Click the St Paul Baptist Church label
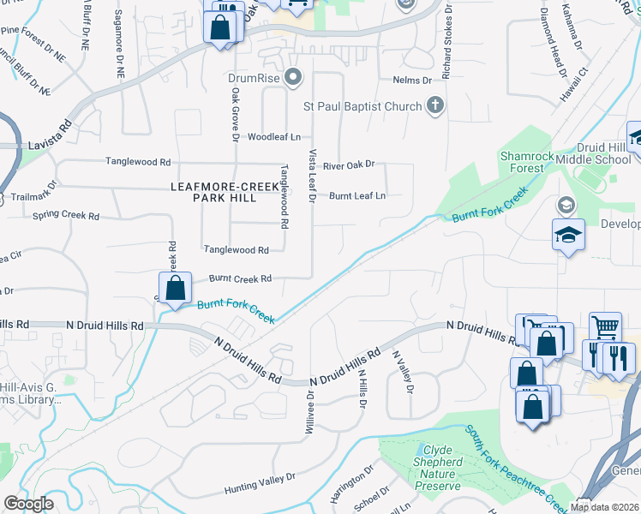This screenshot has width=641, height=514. [363, 106]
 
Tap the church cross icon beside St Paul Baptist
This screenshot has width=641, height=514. [435, 106]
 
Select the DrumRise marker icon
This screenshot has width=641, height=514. [294, 78]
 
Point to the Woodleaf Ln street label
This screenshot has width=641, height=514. [274, 137]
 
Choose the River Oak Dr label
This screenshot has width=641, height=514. [349, 164]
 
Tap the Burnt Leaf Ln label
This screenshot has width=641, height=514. [357, 195]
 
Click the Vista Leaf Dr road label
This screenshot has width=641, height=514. [311, 175]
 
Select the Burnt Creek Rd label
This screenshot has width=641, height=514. [240, 278]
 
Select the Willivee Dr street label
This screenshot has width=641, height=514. [309, 414]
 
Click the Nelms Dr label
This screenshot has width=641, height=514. [412, 80]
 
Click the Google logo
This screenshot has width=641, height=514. [28, 504]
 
